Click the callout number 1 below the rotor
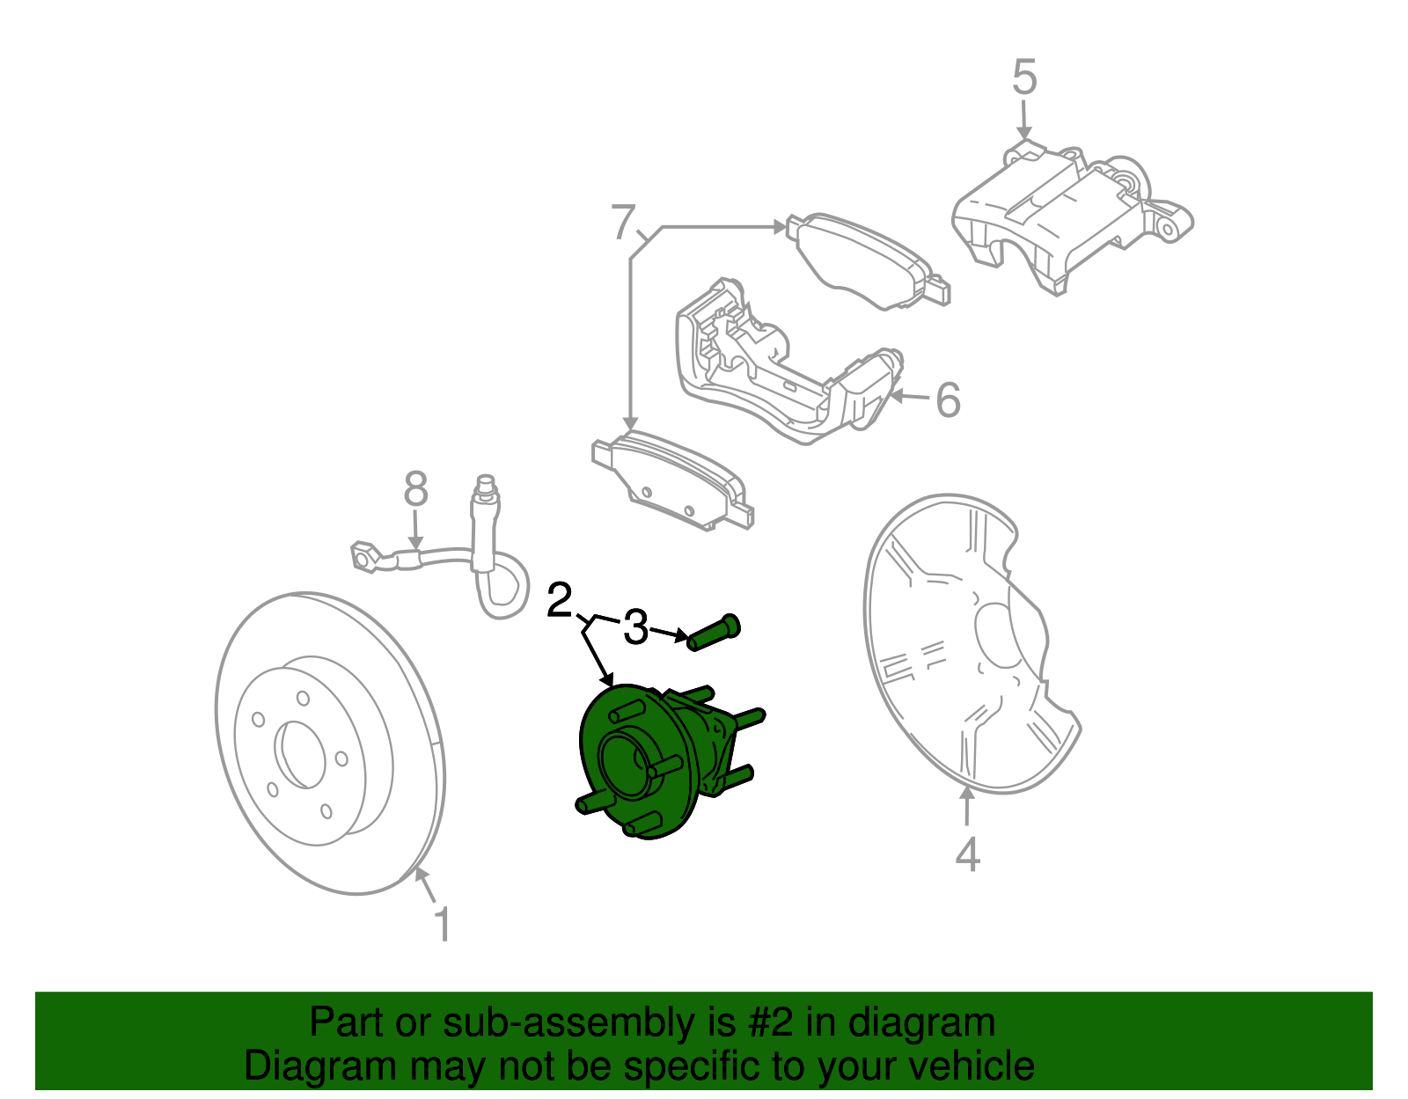[444, 926]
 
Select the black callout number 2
[560, 601]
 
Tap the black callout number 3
[635, 628]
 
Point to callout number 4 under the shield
[967, 854]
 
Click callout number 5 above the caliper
[1024, 77]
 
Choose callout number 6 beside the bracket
[948, 400]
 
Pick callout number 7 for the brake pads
[623, 222]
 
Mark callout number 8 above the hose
[415, 489]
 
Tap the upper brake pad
[867, 260]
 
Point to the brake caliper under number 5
[1065, 216]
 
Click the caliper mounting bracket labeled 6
[774, 370]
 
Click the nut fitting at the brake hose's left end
[364, 557]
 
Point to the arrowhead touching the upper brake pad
[779, 227]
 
